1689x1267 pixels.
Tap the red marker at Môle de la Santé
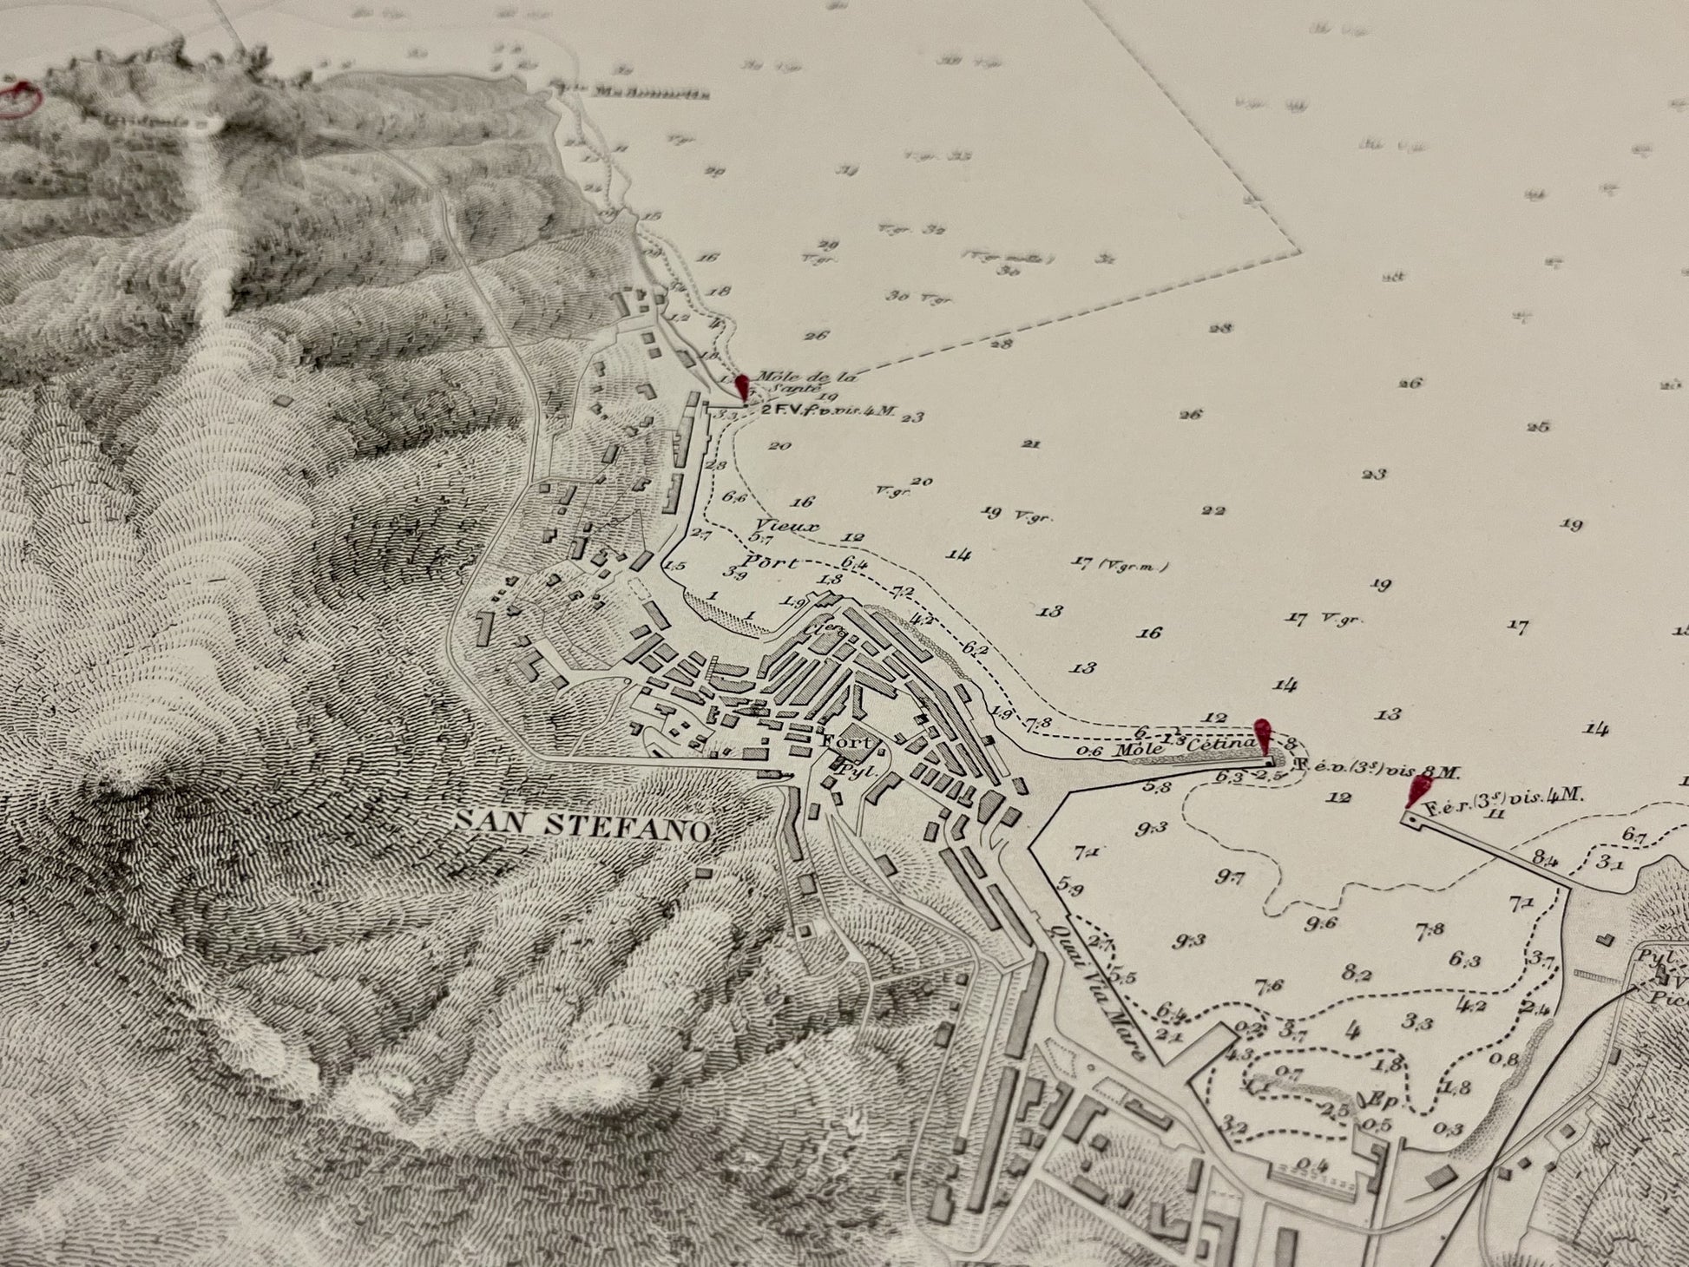(742, 387)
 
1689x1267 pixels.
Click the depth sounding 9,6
(1320, 923)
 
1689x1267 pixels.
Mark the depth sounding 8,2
(1355, 974)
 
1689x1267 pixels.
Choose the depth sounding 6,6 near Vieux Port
(734, 496)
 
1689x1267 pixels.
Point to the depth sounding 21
(1031, 443)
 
